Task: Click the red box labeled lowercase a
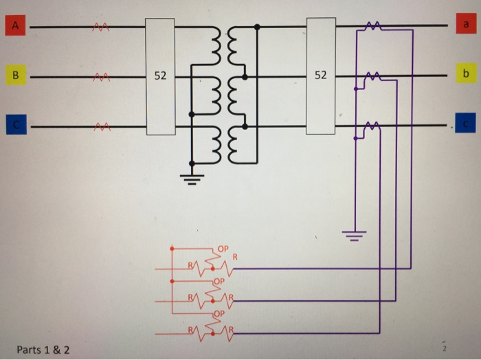pyautogui.click(x=466, y=25)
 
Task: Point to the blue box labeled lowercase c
pyautogui.click(x=466, y=124)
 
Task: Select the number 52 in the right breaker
pyautogui.click(x=320, y=74)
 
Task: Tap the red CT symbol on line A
pyautogui.click(x=101, y=28)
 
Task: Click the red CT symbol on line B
pyautogui.click(x=101, y=76)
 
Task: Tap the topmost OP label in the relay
pyautogui.click(x=222, y=248)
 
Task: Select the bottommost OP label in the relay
pyautogui.click(x=219, y=313)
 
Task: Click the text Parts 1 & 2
pyautogui.click(x=43, y=350)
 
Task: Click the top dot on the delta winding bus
pyautogui.click(x=257, y=27)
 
